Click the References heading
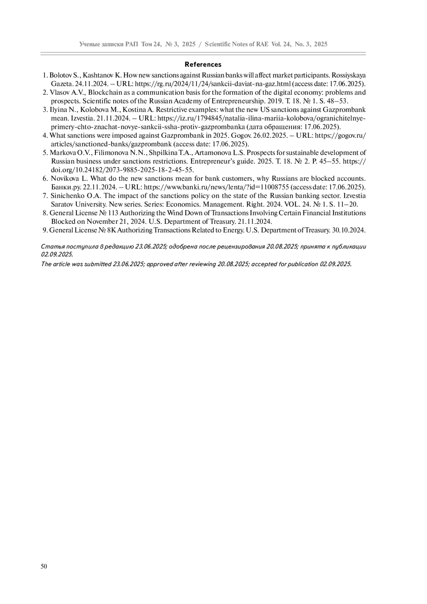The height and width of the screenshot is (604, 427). point(203,64)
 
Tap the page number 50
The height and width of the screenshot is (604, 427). point(44,567)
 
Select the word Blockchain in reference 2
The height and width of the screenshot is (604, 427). point(108,93)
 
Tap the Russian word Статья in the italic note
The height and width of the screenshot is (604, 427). point(51,246)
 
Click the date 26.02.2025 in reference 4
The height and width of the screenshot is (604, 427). point(265,136)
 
